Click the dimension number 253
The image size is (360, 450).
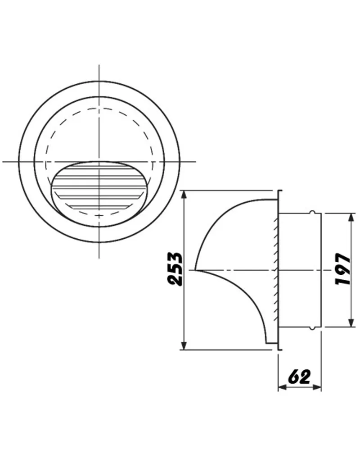point(175,269)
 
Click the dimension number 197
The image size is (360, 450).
point(343,269)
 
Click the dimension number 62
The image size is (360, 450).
point(299,377)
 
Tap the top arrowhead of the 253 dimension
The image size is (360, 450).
point(184,195)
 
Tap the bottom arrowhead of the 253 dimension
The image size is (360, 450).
point(184,345)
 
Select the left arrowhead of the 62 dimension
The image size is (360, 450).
point(283,387)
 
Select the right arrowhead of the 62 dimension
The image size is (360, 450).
point(317,387)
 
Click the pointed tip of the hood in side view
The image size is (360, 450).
point(194,270)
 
